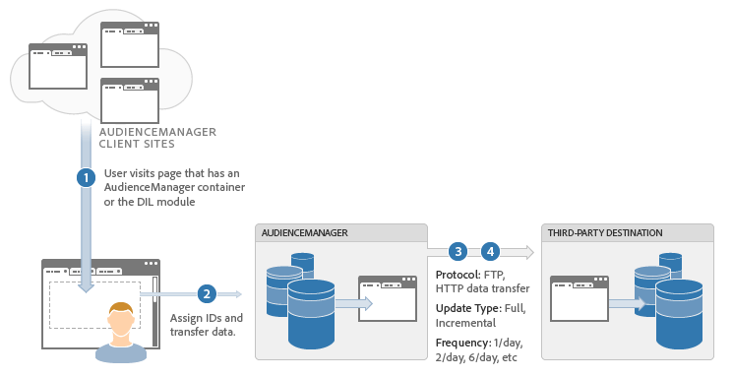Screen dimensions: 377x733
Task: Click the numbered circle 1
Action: point(87,178)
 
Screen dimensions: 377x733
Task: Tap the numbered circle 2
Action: point(207,293)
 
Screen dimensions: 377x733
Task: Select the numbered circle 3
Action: point(458,251)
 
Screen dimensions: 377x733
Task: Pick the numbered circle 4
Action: point(491,251)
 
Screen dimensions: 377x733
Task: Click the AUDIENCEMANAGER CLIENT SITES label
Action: point(156,138)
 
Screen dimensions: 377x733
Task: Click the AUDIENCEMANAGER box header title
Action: point(304,232)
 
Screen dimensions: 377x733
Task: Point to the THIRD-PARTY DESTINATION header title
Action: point(605,232)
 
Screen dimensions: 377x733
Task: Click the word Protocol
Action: point(458,275)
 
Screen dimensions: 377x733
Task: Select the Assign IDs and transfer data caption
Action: point(206,326)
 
